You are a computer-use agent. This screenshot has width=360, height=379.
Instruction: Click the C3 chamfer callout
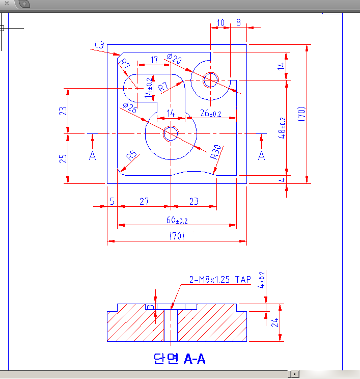(x=99, y=45)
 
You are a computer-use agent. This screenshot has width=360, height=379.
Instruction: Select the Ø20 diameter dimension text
(x=174, y=60)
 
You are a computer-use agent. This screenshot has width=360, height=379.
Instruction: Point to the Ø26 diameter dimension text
(x=129, y=108)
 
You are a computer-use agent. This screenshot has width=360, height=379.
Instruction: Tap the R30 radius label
(x=216, y=152)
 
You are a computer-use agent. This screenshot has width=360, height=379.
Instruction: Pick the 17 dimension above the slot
(x=154, y=60)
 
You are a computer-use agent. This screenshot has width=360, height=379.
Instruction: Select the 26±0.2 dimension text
(x=210, y=114)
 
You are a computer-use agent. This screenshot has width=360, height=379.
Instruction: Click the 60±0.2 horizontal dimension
(x=177, y=220)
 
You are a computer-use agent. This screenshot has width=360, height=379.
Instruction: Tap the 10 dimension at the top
(x=220, y=22)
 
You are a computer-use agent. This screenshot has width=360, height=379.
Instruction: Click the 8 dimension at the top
(x=238, y=22)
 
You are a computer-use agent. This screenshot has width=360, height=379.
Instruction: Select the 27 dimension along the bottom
(x=144, y=202)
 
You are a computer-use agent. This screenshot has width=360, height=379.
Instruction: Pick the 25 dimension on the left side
(x=63, y=158)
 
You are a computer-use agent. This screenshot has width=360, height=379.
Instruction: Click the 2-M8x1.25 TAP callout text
(x=220, y=280)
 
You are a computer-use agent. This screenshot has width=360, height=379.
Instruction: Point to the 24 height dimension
(x=275, y=322)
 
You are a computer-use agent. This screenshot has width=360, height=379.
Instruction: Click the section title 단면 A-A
(x=179, y=359)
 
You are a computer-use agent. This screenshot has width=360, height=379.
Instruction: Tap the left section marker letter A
(x=92, y=155)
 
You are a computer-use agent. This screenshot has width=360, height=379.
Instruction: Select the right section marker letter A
(x=262, y=155)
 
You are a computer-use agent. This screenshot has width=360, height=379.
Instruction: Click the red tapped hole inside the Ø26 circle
(x=170, y=133)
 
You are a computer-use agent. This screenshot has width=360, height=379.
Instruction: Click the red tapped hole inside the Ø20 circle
(x=210, y=79)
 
